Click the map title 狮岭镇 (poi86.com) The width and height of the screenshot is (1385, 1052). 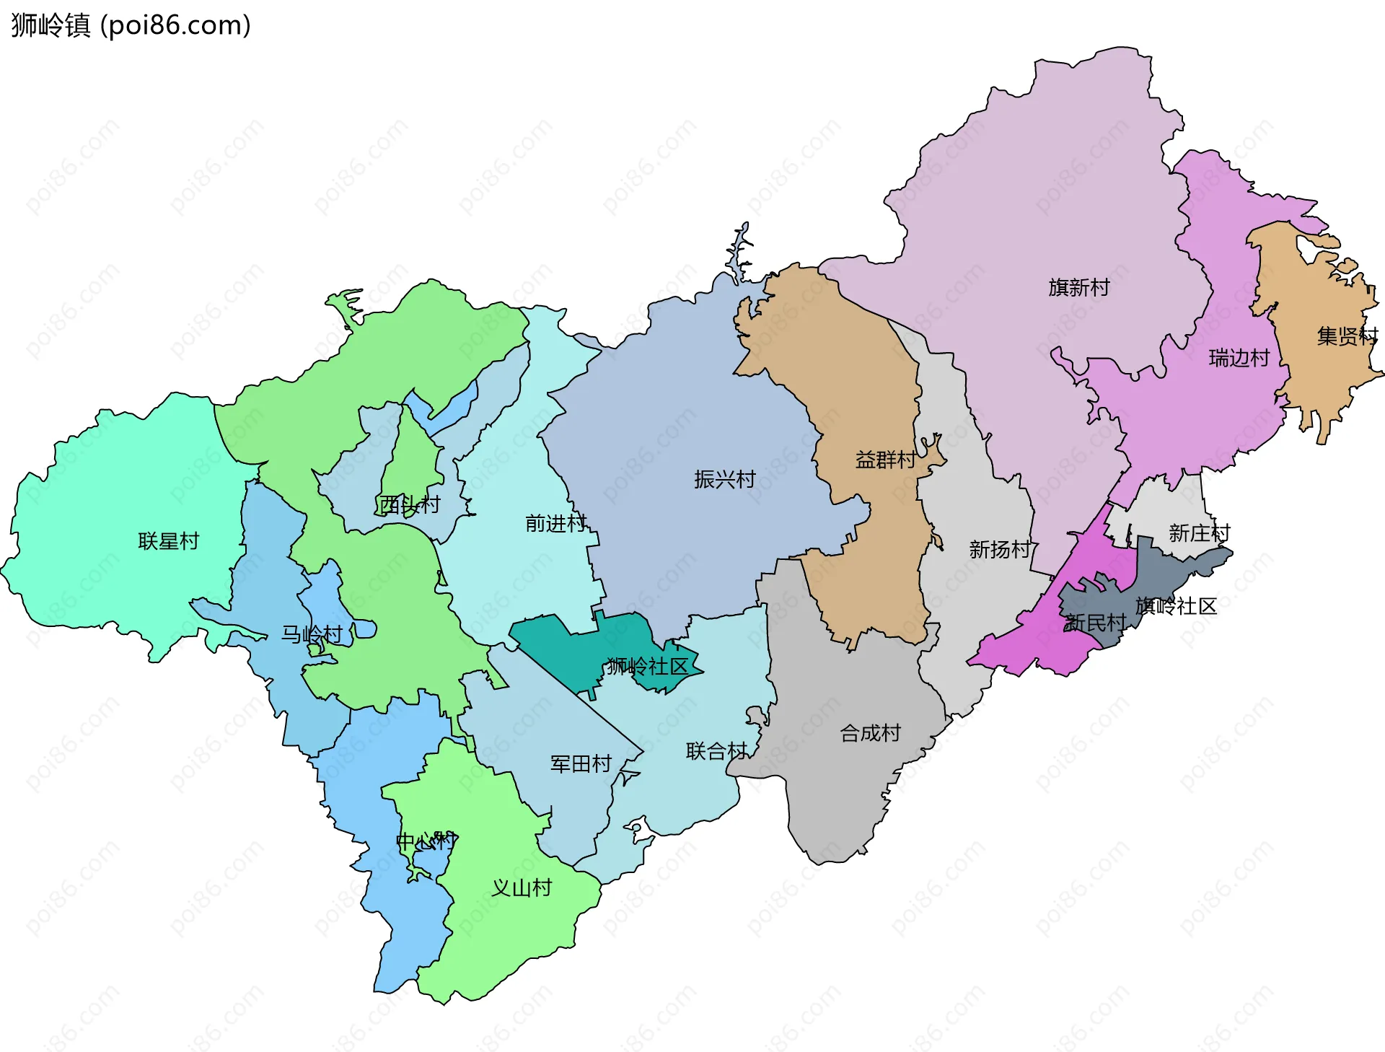(x=131, y=25)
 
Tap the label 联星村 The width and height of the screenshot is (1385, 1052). (x=168, y=541)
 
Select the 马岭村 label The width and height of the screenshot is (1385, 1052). (x=312, y=635)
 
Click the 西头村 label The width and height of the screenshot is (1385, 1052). (x=409, y=504)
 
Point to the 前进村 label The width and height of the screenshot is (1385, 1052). (x=555, y=523)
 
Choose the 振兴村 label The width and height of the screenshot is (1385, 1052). (x=724, y=479)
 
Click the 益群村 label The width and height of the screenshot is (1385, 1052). (x=885, y=460)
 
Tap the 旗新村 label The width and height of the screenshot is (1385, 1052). (x=1078, y=288)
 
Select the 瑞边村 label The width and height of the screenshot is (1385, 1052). (x=1239, y=358)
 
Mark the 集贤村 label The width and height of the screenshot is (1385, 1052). (x=1346, y=336)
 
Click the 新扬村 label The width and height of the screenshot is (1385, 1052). (x=999, y=550)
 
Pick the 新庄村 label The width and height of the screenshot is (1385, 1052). (x=1199, y=533)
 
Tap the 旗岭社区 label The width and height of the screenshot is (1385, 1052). (x=1176, y=606)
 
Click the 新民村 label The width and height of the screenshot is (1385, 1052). (x=1095, y=622)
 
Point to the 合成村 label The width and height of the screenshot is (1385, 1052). (x=870, y=733)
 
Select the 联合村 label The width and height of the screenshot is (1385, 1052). (x=716, y=751)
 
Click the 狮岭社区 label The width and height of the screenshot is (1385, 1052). (x=647, y=666)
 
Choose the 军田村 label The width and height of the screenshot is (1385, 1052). (x=581, y=763)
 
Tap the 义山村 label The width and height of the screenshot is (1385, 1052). (x=521, y=887)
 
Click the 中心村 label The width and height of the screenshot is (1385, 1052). (x=426, y=841)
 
